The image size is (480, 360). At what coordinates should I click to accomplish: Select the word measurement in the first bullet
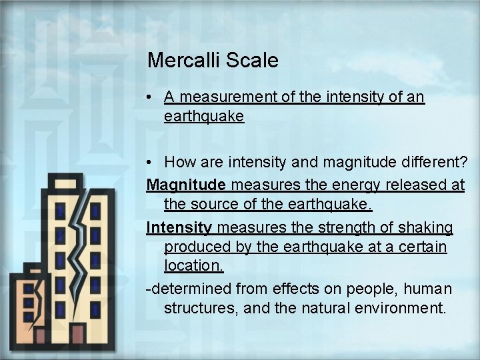(x=220, y=97)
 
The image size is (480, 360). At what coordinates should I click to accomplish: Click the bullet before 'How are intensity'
(x=152, y=162)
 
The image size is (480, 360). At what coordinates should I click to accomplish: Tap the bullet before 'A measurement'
(x=152, y=97)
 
